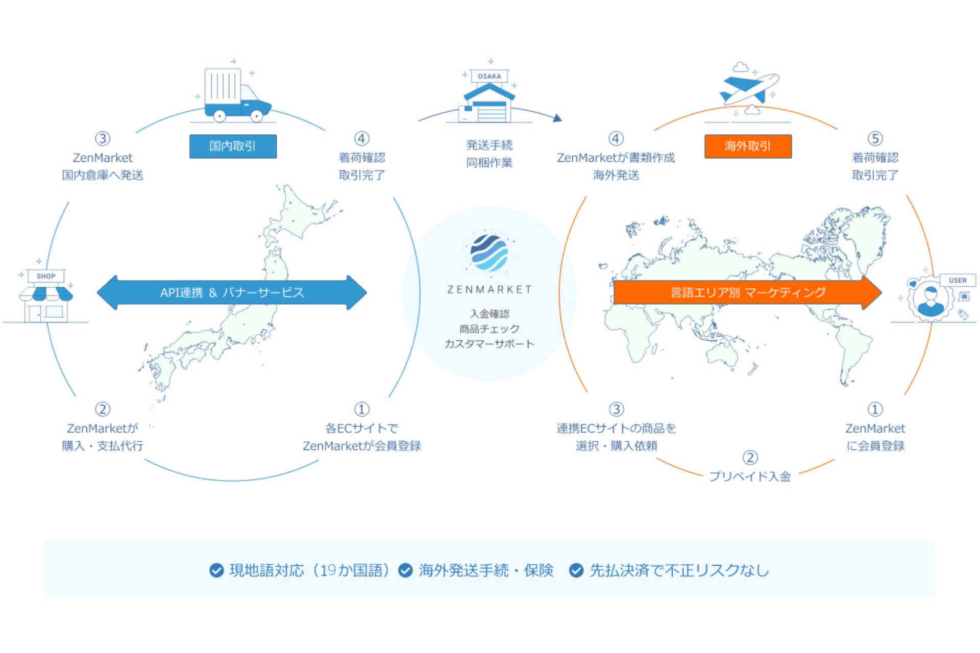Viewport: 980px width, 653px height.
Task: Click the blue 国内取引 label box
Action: (233, 146)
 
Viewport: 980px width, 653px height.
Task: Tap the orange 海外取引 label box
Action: (748, 146)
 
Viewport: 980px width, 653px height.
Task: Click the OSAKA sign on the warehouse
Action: (489, 77)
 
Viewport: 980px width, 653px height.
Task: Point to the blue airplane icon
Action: (749, 88)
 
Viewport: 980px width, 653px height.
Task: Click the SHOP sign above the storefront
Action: (46, 276)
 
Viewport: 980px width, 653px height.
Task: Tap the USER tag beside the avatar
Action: (958, 280)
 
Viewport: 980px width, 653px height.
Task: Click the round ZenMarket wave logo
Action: (489, 253)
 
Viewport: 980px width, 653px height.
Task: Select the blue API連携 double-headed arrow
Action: (232, 292)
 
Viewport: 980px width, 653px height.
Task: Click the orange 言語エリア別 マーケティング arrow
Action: (747, 292)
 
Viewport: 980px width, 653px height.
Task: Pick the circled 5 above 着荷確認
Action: (875, 139)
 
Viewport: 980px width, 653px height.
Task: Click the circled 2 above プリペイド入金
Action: (750, 458)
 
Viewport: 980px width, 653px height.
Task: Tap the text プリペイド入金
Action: (750, 476)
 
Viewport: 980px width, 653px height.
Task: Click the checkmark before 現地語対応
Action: (216, 570)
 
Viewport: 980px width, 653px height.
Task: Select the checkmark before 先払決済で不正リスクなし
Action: (576, 570)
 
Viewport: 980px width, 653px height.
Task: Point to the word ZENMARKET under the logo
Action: (489, 290)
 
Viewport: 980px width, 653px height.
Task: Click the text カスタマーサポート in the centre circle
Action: (489, 344)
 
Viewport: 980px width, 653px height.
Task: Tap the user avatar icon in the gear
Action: (930, 300)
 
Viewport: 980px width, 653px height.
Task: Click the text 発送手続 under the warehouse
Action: (489, 145)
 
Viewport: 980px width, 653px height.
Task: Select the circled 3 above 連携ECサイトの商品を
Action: (616, 409)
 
